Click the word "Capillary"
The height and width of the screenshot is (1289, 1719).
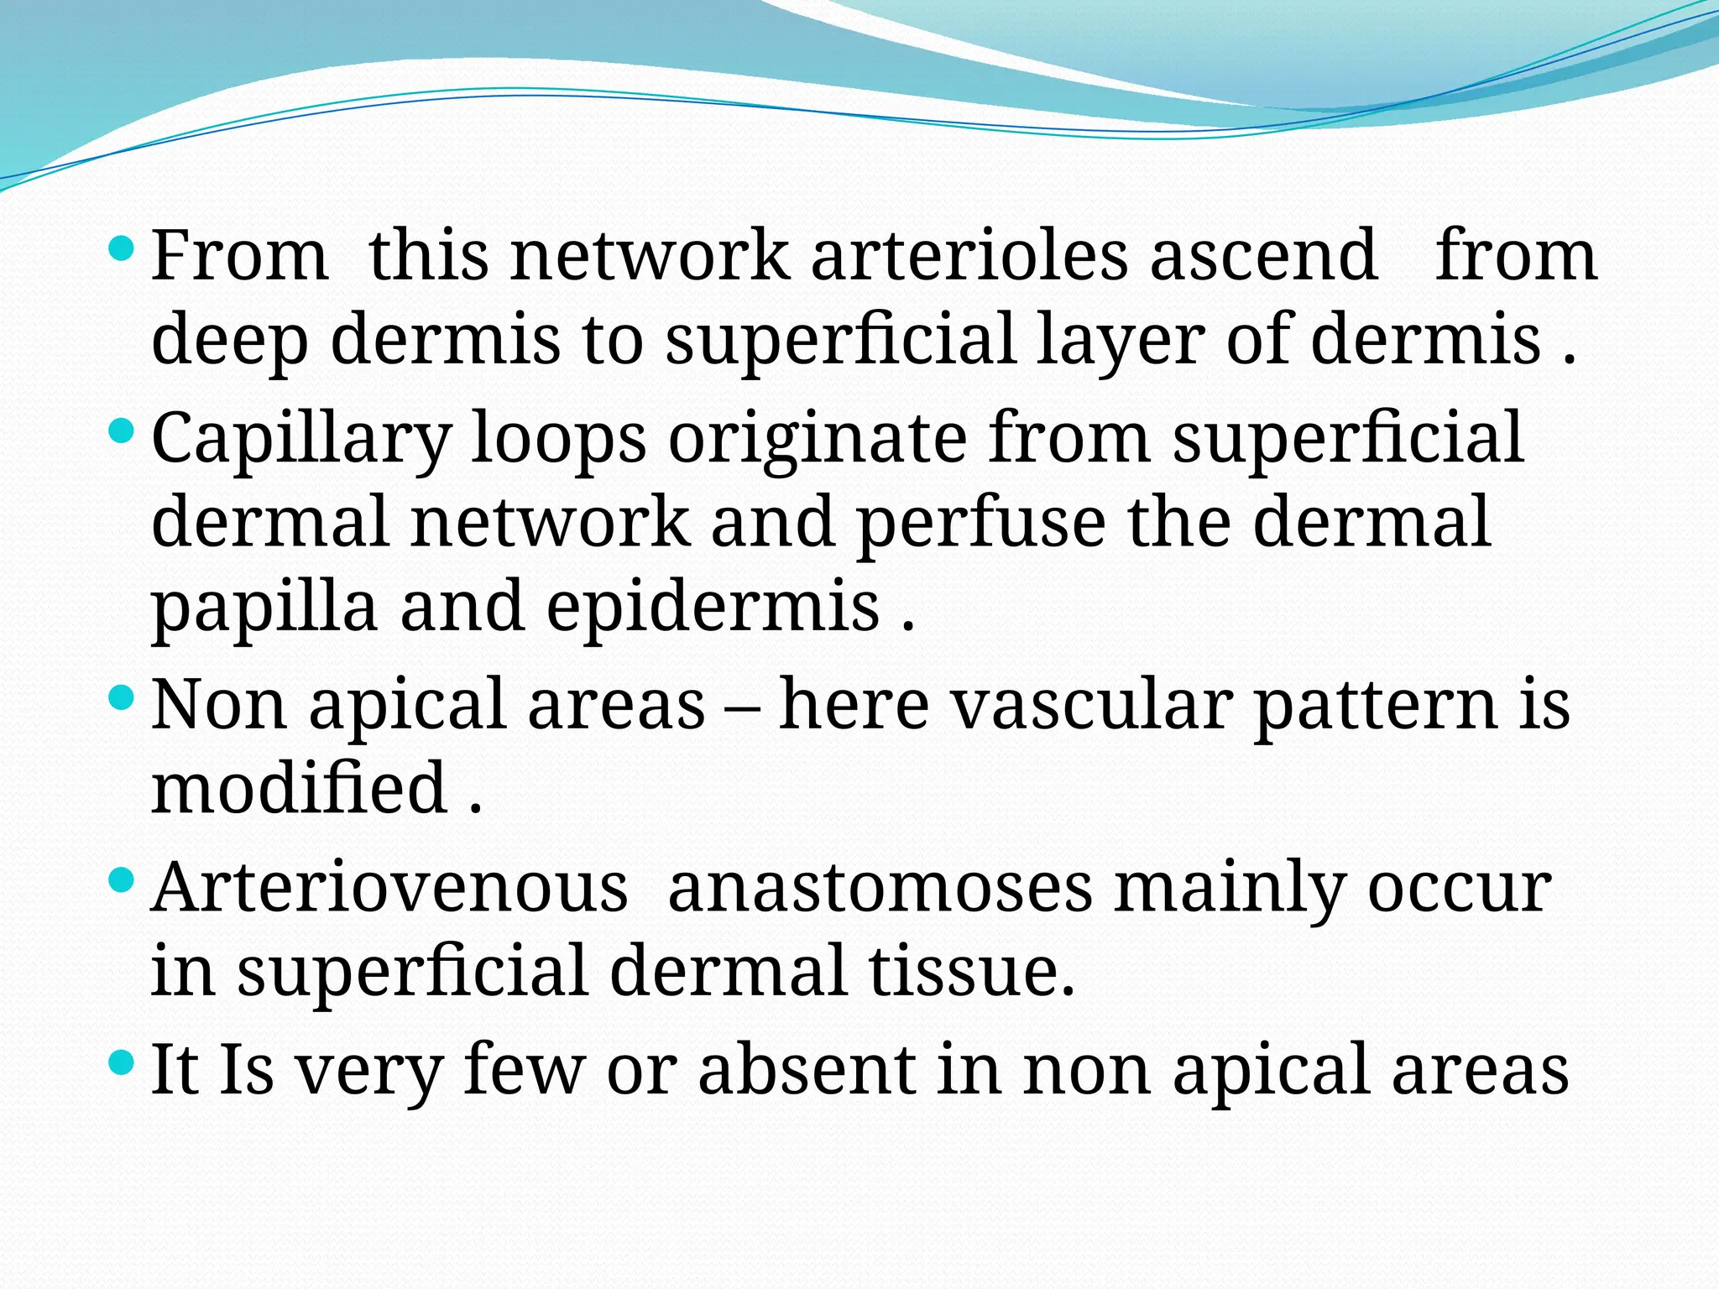click(x=301, y=438)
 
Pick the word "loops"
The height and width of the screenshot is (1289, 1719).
click(x=558, y=438)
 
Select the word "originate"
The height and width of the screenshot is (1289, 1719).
click(x=818, y=438)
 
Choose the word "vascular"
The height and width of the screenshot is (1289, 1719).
click(x=1091, y=704)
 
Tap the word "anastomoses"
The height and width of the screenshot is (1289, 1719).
click(x=880, y=887)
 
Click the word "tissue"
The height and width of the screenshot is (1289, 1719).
click(x=971, y=971)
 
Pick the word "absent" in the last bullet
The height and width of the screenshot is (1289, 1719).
click(x=807, y=1069)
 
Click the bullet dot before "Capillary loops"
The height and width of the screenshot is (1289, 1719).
click(x=122, y=432)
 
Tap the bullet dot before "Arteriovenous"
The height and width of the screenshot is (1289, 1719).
click(x=122, y=880)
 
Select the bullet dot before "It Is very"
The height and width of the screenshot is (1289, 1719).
click(x=122, y=1063)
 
